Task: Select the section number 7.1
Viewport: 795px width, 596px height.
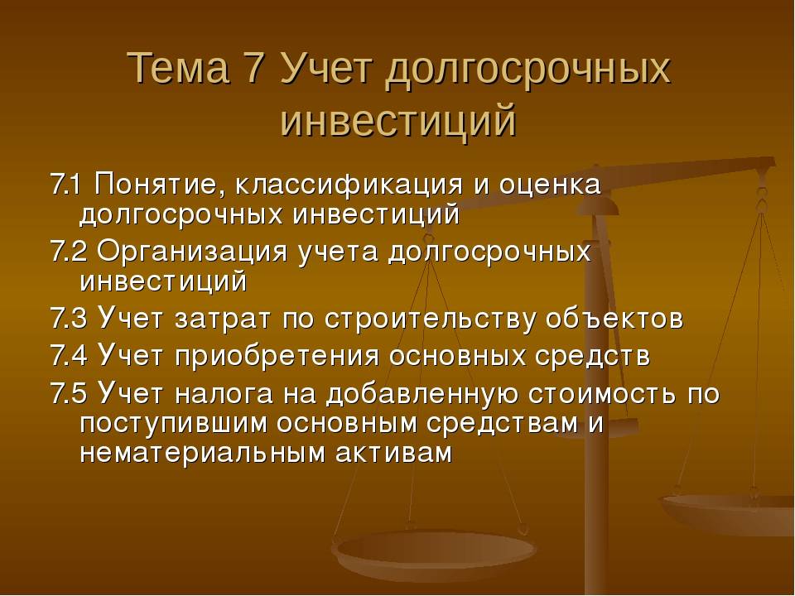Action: pos(65,184)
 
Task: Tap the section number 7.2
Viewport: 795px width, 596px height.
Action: pos(69,251)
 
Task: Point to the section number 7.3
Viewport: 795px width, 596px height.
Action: pos(69,318)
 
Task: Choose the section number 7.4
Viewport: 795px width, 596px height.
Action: pos(69,355)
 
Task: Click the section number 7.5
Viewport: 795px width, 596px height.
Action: pos(69,393)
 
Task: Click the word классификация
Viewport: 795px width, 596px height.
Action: pos(349,185)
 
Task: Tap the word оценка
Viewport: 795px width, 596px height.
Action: pos(550,185)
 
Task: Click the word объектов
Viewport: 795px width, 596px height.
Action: pos(614,318)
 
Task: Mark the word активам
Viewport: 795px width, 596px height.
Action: pos(393,453)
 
